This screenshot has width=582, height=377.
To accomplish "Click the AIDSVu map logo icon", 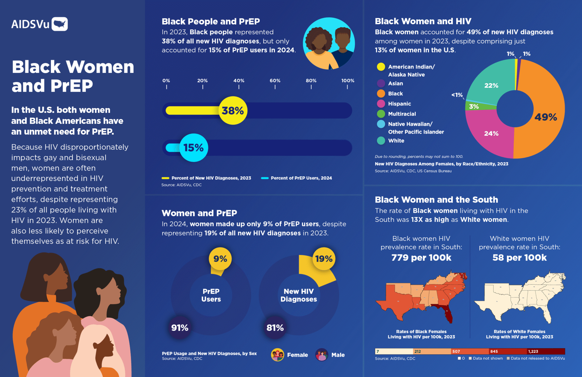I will tap(59, 24).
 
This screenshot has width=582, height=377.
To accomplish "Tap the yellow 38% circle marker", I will tap(233, 110).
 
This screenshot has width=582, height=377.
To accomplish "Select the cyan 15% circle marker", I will tap(194, 148).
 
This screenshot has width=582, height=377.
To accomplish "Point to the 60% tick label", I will tap(275, 81).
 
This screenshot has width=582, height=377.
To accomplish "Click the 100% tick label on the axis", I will tap(348, 81).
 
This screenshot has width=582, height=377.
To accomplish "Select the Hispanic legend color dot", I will tap(381, 104).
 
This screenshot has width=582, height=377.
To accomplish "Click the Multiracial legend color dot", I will tap(381, 114).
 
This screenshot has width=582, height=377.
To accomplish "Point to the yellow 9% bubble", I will tap(220, 259).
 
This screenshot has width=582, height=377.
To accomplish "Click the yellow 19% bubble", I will tap(324, 259).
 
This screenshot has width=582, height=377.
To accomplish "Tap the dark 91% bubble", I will tap(180, 328).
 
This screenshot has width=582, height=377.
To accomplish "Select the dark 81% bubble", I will tap(275, 328).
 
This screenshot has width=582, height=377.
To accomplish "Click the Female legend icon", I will tap(277, 355).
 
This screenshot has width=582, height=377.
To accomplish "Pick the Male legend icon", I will tap(322, 355).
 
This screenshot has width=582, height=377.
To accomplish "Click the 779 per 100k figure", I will tap(421, 258).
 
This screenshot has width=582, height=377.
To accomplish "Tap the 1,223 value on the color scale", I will tap(533, 352).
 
